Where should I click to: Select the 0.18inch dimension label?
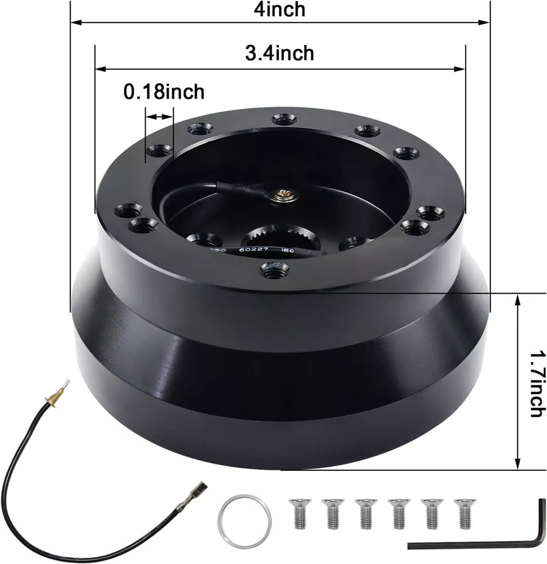coord(164,91)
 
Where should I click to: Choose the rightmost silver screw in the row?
coord(463,512)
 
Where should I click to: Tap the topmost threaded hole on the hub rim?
coord(281,119)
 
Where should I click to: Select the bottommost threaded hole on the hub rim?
coord(274,270)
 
